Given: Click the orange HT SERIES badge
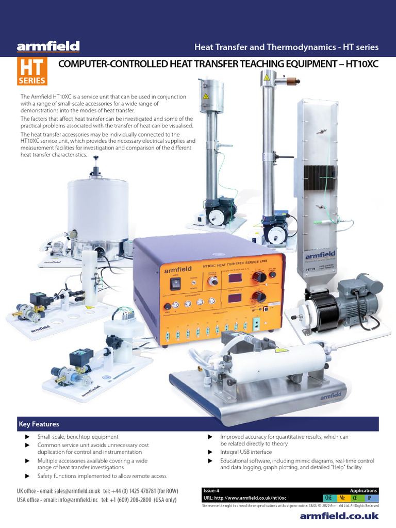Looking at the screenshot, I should click(32, 72).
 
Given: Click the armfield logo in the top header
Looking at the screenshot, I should click(48, 47).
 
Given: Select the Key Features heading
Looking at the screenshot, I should click(39, 424).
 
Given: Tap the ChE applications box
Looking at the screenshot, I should click(328, 498).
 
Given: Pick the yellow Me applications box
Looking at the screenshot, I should click(342, 498).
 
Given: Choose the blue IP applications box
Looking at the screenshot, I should click(370, 498).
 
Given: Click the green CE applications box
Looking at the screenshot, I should click(356, 498).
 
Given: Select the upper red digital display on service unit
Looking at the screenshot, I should click(232, 278).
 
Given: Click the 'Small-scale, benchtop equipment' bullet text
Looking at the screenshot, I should click(78, 437).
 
